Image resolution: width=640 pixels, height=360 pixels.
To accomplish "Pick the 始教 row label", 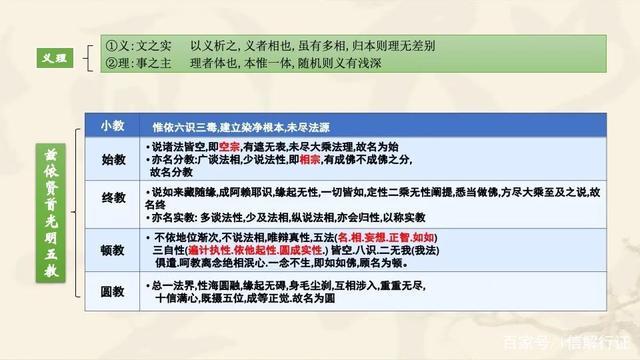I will pos(112,159).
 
